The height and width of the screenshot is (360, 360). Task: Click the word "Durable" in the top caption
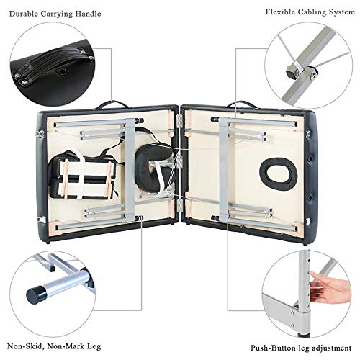[x=24, y=14]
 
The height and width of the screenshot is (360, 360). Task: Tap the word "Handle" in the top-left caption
[x=88, y=14]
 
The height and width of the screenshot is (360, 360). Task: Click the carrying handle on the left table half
[x=112, y=104]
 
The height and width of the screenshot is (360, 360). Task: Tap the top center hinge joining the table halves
[x=179, y=121]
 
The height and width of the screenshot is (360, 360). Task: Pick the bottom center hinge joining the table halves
[x=179, y=205]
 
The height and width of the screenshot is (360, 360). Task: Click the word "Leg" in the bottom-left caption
[x=94, y=347]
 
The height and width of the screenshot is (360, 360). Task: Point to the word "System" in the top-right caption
[x=341, y=12]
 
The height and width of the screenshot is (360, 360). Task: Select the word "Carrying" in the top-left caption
[x=57, y=14]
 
